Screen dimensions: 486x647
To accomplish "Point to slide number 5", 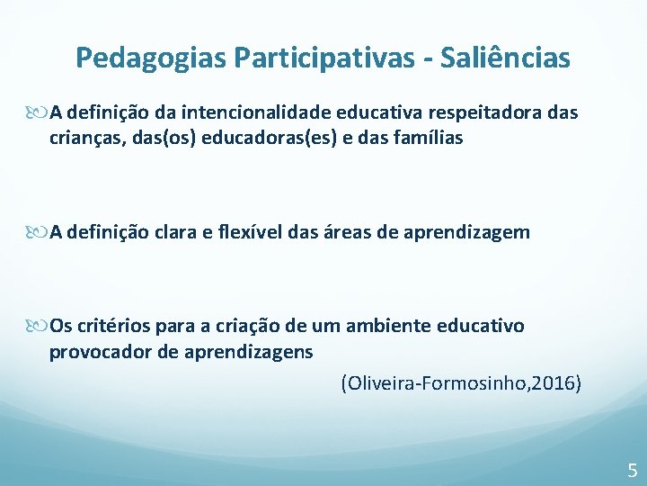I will tap(633, 469).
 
